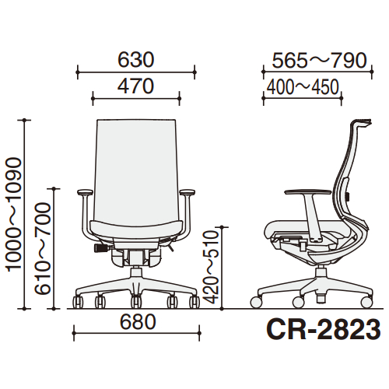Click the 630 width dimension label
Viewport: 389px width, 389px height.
click(136, 60)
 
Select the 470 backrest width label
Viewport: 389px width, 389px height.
click(136, 86)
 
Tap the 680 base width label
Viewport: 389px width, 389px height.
click(138, 322)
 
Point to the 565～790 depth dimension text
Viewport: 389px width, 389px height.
click(320, 61)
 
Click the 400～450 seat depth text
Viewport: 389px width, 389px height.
click(303, 87)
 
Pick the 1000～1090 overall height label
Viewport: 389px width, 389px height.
click(14, 215)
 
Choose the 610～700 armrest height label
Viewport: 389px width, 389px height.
click(42, 249)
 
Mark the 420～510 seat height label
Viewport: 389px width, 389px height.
click(211, 267)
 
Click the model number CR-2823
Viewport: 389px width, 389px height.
click(324, 330)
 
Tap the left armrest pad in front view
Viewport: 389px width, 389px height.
click(85, 192)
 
